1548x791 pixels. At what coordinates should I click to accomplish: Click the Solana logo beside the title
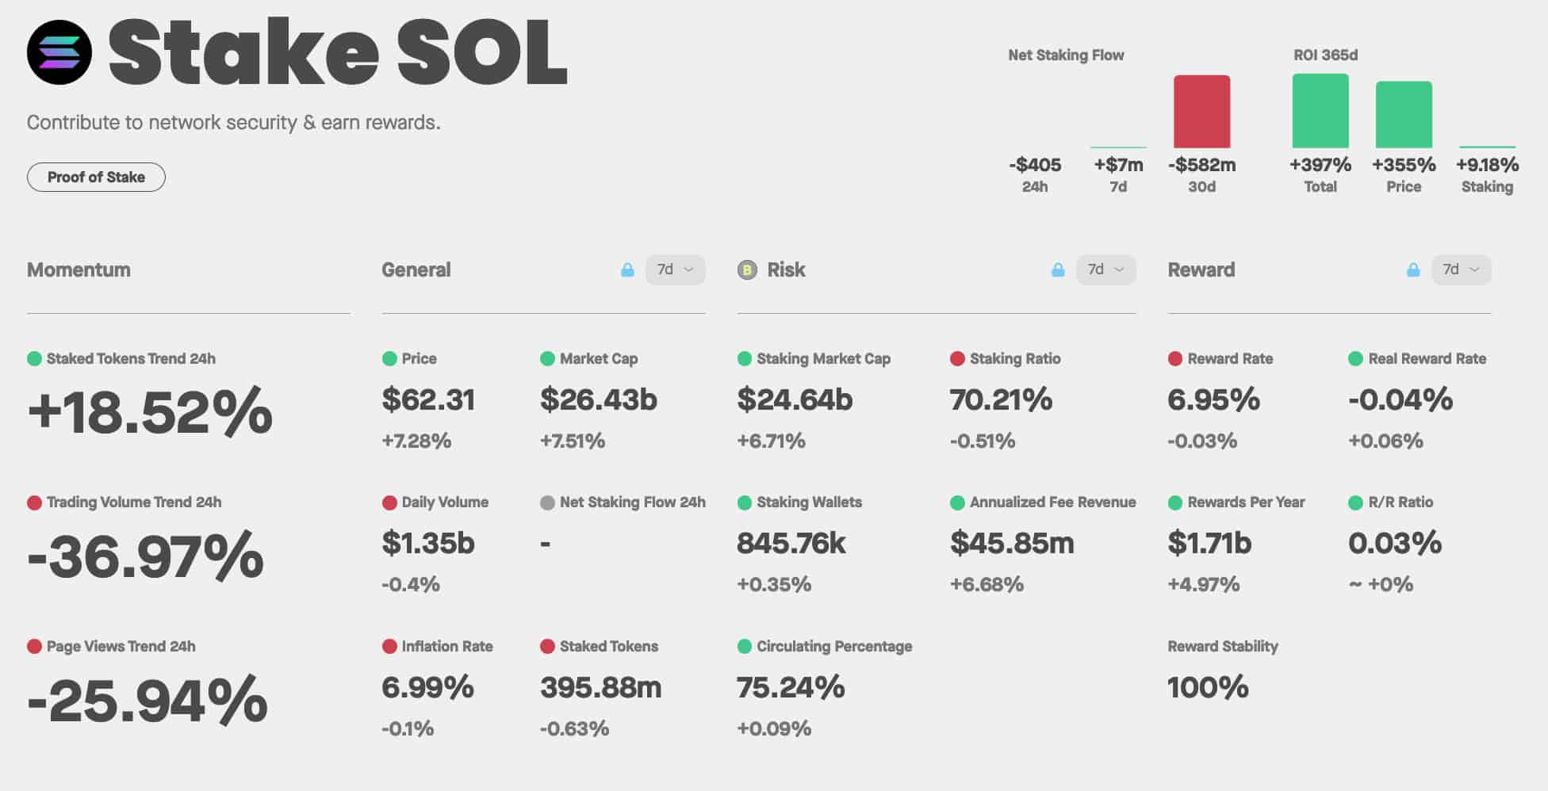59,52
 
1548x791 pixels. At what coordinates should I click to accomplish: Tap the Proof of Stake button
96,177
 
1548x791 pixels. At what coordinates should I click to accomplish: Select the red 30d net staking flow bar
1201,112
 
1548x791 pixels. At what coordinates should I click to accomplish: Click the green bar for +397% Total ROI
1320,111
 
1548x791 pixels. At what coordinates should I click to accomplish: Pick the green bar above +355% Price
1404,115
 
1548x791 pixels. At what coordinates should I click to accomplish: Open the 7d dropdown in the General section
675,270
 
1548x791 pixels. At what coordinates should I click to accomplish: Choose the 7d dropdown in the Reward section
1461,270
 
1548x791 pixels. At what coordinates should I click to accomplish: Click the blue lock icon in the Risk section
1058,270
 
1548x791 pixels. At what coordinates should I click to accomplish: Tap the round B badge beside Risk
747,270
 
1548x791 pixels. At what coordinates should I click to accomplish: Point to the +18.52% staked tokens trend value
150,411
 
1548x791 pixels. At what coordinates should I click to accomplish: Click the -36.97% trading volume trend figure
145,556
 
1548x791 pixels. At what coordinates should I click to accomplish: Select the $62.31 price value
428,399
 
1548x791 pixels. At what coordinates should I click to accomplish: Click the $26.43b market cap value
599,399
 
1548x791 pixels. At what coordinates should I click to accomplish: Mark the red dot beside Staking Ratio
957,359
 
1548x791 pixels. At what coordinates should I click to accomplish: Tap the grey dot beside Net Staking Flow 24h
547,502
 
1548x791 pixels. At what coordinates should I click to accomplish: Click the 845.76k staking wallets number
791,544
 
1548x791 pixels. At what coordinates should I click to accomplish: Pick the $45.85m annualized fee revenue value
1012,544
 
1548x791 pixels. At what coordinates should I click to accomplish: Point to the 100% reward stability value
1208,687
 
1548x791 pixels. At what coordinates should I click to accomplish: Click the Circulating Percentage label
834,647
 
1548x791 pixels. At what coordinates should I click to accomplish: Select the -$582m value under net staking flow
1201,165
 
